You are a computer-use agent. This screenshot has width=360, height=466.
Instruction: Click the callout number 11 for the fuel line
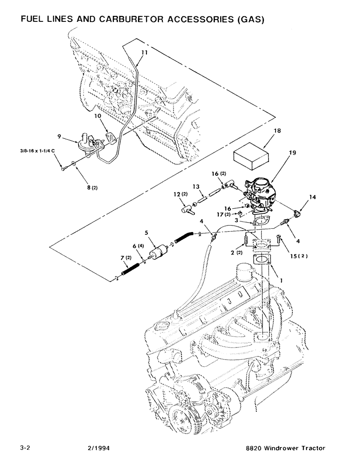point(144,53)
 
